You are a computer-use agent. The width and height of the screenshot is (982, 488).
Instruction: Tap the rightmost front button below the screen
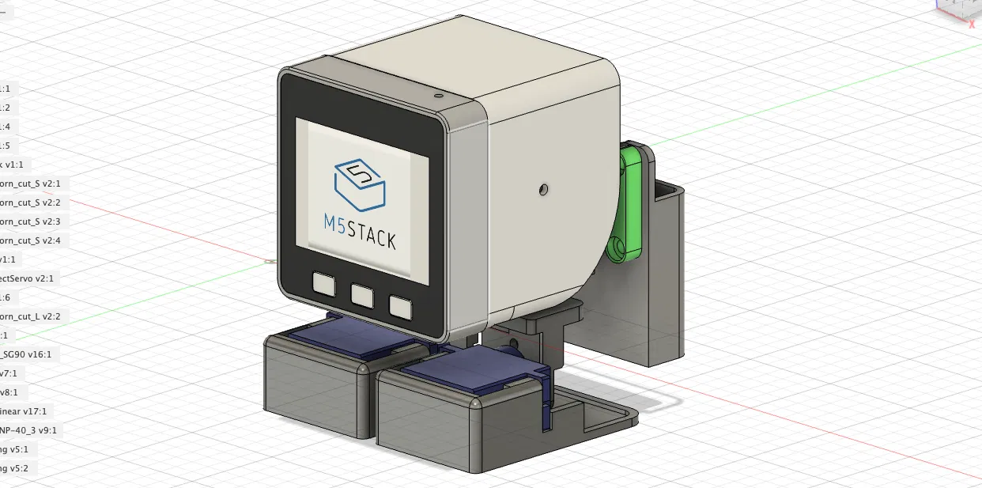tap(400, 307)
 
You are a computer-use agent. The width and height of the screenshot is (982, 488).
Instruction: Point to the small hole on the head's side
tap(542, 189)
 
